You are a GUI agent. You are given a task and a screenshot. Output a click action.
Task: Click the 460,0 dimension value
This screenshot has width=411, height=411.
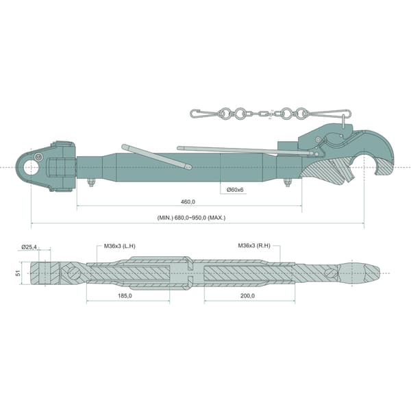click(x=188, y=202)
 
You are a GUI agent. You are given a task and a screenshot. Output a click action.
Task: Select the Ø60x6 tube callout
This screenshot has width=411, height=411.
click(x=235, y=190)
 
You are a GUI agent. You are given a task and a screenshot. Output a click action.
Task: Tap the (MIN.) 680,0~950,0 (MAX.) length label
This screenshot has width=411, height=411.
click(x=191, y=218)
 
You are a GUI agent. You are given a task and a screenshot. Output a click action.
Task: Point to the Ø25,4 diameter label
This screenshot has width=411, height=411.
click(x=29, y=247)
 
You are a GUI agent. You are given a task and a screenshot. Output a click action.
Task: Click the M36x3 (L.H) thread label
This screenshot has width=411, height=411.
click(x=120, y=246)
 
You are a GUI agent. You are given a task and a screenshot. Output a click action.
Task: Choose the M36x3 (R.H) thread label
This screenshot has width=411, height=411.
click(x=254, y=246)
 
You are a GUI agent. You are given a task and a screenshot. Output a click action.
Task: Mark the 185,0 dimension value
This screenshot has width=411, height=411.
click(x=125, y=296)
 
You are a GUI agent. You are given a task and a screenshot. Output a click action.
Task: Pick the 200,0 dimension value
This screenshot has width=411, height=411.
click(x=247, y=296)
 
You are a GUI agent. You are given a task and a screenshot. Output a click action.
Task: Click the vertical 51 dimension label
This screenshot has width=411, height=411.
click(x=18, y=273)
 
